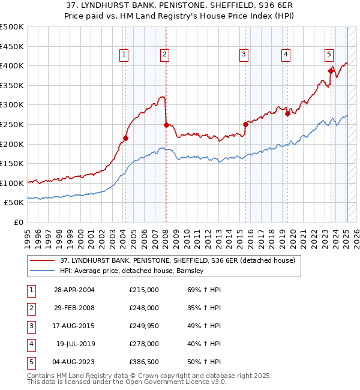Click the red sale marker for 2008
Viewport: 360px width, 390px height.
tap(166, 125)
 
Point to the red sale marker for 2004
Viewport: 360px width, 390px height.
tap(125, 139)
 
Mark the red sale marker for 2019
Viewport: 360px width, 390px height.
tap(287, 113)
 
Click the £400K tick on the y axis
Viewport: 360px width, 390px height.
tap(13, 65)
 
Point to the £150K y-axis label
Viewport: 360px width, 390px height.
tap(13, 163)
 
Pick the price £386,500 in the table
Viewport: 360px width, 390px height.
tap(144, 362)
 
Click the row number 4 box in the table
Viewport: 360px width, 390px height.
tap(30, 344)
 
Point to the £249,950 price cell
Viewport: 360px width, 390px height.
tap(144, 326)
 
